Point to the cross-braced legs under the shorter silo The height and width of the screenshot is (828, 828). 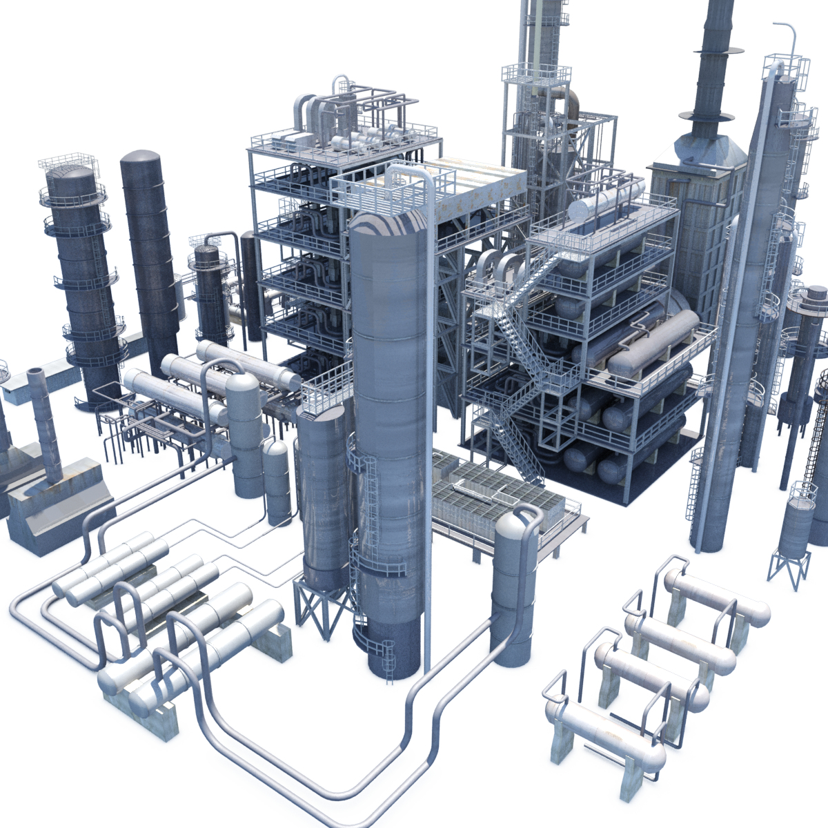(319, 611)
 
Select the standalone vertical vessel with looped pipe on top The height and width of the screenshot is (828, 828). (514, 586)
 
